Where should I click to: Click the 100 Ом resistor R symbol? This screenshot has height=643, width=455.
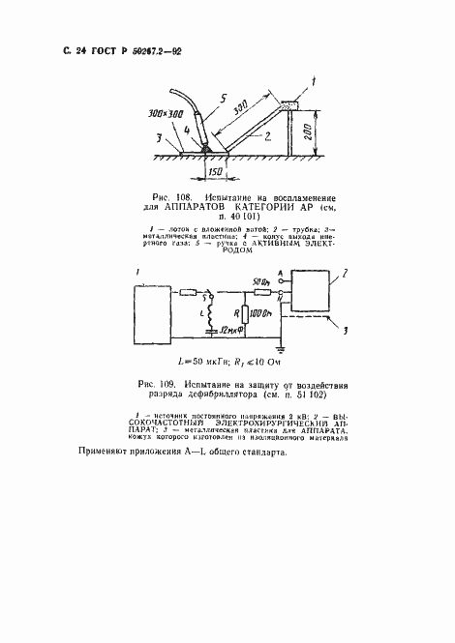click(240, 315)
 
